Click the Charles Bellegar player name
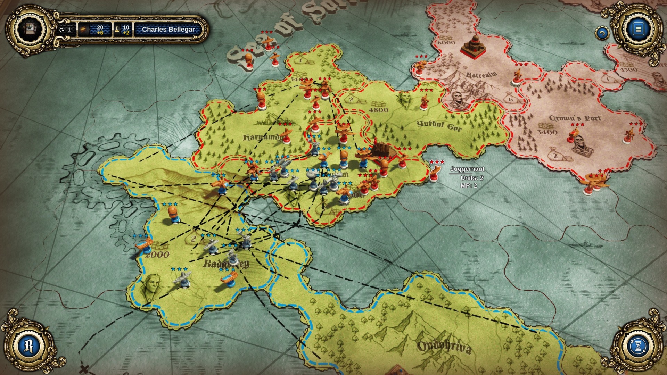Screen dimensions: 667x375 [168, 30]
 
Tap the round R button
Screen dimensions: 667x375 [29, 346]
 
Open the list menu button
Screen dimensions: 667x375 [638, 29]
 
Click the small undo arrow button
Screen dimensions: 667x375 [602, 33]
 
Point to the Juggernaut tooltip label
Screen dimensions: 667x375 [467, 169]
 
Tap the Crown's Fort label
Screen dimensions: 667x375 [575, 118]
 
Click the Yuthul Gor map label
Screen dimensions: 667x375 [439, 125]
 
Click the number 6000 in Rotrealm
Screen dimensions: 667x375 [446, 42]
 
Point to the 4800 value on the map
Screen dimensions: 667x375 [378, 110]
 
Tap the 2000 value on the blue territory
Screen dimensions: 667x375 [157, 255]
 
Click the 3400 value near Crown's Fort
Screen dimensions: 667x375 [547, 132]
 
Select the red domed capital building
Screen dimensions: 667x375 [473, 45]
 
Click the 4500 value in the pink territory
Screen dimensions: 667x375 [628, 69]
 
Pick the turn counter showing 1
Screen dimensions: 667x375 [66, 30]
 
